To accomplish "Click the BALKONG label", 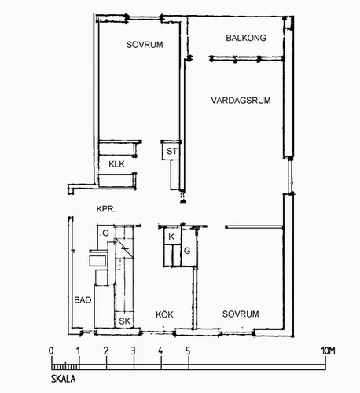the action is tap(246, 38).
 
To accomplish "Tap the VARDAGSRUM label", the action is tap(241, 101).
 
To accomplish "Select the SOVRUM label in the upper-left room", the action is tap(145, 45).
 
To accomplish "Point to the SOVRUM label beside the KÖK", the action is tap(241, 314).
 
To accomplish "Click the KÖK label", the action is tap(164, 314).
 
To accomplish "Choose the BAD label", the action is tap(83, 300).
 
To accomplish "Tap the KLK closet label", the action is tap(116, 164).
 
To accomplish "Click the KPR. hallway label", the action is tap(106, 209).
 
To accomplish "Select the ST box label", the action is tap(172, 151).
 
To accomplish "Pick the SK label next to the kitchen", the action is tap(124, 321).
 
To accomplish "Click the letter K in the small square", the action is tap(171, 237).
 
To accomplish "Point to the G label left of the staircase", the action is tap(105, 233).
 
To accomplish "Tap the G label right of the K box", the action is tap(187, 251).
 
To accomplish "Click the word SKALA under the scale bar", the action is tap(64, 379).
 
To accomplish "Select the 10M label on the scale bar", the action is tap(329, 351).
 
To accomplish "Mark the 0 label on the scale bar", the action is tap(51, 351).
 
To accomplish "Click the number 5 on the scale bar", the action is tap(188, 351).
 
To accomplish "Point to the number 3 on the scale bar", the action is tap(133, 351).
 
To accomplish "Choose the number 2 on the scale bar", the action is tap(106, 351).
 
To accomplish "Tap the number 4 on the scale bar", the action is tap(160, 351).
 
